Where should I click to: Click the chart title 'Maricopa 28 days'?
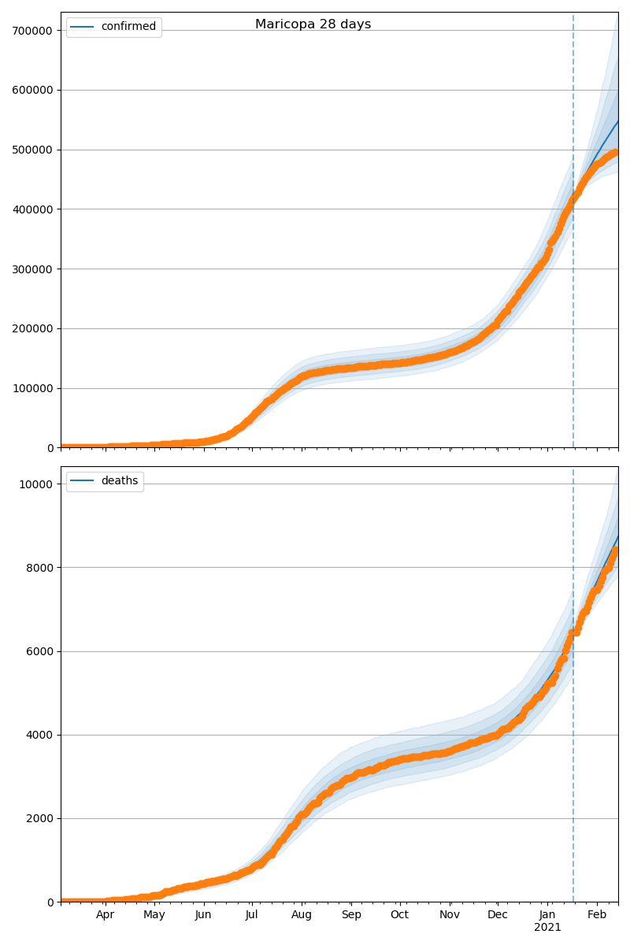point(313,24)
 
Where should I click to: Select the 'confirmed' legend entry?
point(128,27)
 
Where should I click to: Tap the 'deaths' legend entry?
point(119,481)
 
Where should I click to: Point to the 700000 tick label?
point(31,31)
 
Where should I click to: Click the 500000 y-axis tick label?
point(31,150)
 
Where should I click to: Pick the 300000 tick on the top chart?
point(31,269)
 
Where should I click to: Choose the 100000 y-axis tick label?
point(31,388)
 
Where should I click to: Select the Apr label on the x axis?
point(106,915)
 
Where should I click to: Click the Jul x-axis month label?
point(251,915)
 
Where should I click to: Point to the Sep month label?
point(351,915)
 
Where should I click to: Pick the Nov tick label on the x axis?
point(450,915)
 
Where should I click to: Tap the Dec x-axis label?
point(498,915)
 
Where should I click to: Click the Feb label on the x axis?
point(597,915)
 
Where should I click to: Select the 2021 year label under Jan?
point(547,928)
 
